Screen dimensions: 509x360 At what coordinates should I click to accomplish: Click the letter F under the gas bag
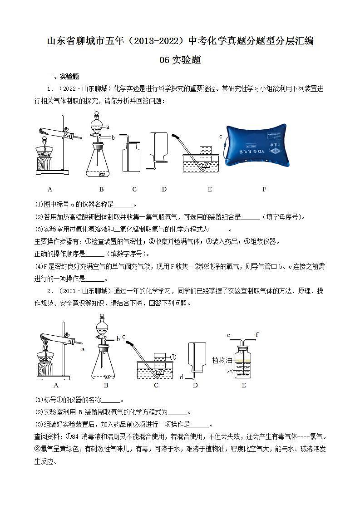pos(264,189)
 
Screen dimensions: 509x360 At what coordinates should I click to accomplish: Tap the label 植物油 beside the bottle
pos(222,360)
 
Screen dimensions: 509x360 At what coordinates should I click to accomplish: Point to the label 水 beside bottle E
pos(230,371)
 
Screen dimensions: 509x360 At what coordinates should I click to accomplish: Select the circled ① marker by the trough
pos(173,357)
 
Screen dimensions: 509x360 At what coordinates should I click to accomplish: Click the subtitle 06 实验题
pos(180,60)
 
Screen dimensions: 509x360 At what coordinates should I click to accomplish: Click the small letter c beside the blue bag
pos(221,136)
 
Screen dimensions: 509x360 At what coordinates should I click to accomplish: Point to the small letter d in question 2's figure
pos(181,377)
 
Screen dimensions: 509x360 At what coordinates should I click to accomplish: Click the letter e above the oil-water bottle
pos(229,336)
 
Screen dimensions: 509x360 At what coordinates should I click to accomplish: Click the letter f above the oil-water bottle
pos(256,335)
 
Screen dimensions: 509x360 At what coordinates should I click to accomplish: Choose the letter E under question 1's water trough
pos(209,189)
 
